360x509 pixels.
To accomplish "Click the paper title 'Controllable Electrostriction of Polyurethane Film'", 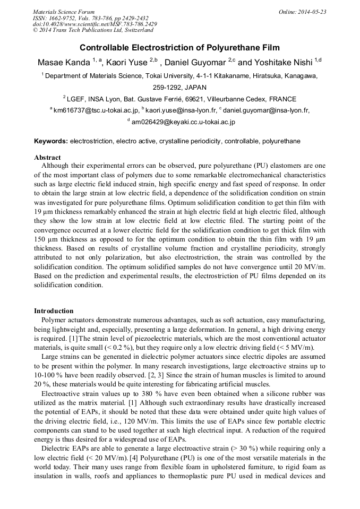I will [179, 48].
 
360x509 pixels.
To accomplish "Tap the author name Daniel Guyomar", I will [198, 62].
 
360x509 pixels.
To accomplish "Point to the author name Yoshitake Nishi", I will [288, 62].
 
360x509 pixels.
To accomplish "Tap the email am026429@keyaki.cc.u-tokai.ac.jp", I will [183, 122].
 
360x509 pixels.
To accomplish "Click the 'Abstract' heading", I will [47, 158].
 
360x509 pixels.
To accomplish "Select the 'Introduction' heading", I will [54, 311].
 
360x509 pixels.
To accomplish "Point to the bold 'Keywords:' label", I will [51, 141].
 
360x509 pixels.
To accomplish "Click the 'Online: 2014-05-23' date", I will [302, 12].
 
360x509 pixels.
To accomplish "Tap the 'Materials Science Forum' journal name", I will [64, 12].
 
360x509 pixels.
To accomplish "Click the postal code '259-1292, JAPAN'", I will [179, 87].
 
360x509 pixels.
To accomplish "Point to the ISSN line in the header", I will [90, 18].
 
